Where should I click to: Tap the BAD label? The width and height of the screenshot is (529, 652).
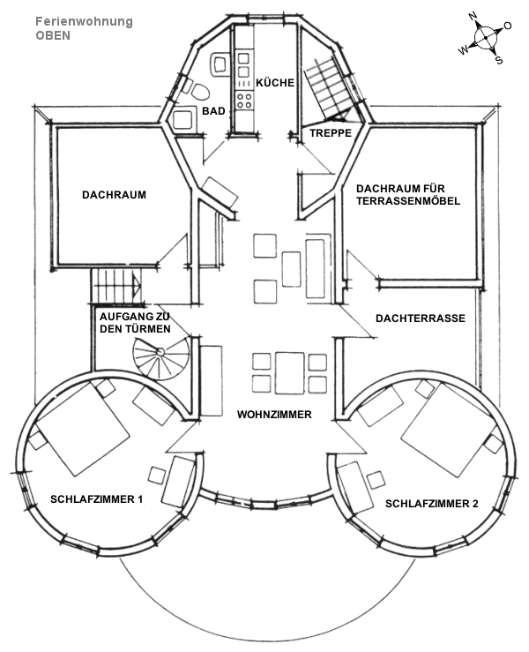tap(212, 112)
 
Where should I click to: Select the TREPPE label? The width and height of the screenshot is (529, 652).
tap(331, 133)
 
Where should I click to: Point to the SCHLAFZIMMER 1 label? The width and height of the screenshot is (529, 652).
tap(97, 499)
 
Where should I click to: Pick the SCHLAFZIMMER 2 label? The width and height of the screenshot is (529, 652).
tap(431, 504)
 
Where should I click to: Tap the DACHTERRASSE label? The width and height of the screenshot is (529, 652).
tap(420, 318)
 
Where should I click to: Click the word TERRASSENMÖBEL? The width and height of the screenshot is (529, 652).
tap(408, 201)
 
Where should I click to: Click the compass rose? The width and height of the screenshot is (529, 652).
tap(484, 38)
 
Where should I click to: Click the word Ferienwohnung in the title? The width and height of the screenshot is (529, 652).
tap(84, 21)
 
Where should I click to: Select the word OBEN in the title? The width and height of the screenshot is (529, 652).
tap(53, 36)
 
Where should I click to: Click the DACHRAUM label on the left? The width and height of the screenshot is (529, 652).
tap(114, 195)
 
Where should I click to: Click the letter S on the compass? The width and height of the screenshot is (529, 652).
tap(498, 60)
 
